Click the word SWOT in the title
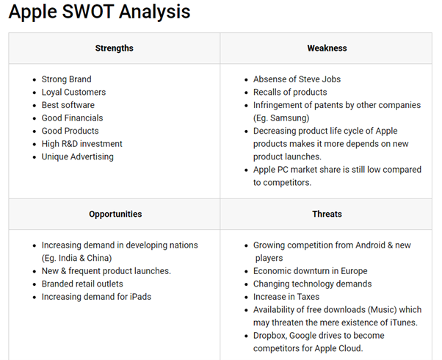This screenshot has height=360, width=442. pyautogui.click(x=88, y=12)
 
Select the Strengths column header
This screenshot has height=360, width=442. pyautogui.click(x=114, y=48)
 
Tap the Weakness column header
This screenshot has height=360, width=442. pyautogui.click(x=327, y=48)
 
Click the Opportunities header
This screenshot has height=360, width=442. pyautogui.click(x=115, y=214)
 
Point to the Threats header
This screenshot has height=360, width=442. pyautogui.click(x=327, y=214)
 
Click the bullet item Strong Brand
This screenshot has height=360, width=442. pyautogui.click(x=67, y=79)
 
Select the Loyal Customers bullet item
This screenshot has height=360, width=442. pyautogui.click(x=73, y=93)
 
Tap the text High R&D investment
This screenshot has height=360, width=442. pyautogui.click(x=81, y=144)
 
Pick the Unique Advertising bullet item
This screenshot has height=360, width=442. pyautogui.click(x=78, y=157)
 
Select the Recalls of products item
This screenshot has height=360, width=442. pyautogui.click(x=290, y=93)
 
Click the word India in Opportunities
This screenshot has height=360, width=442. pyautogui.click(x=68, y=258)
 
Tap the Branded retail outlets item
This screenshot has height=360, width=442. pyautogui.click(x=82, y=284)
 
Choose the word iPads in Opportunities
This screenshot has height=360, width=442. pyautogui.click(x=140, y=297)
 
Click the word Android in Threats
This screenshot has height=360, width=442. pyautogui.click(x=370, y=245)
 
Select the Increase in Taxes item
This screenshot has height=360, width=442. pyautogui.click(x=286, y=297)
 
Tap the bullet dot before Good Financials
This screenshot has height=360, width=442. pyautogui.click(x=35, y=118)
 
